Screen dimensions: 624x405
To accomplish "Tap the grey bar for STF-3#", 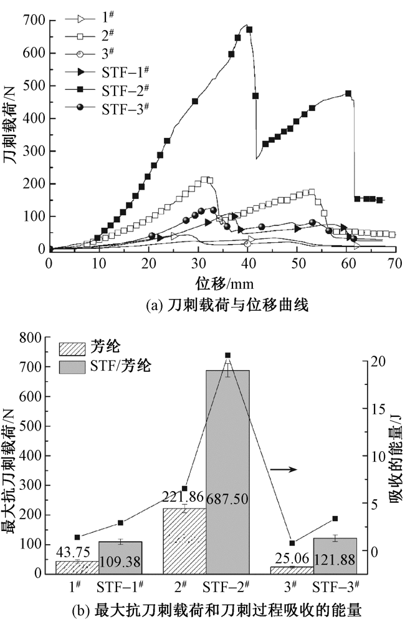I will pyautogui.click(x=335, y=555).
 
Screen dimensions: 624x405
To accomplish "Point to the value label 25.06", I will pyautogui.click(x=292, y=559).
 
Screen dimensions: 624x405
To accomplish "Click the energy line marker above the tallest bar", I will pyautogui.click(x=227, y=356).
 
